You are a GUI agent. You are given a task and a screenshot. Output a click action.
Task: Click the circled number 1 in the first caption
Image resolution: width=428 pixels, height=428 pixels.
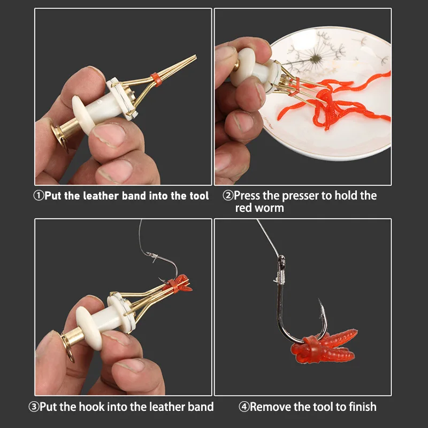tap(39, 196)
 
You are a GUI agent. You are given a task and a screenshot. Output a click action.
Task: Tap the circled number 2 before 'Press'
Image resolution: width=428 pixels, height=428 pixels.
tap(228, 195)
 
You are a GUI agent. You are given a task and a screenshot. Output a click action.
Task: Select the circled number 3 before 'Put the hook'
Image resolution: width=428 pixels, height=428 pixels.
tap(34, 407)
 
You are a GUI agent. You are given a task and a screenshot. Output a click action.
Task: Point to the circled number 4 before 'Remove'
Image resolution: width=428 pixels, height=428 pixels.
tap(244, 407)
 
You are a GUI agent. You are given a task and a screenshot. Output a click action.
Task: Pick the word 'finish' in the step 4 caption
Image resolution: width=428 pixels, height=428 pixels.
tap(363, 407)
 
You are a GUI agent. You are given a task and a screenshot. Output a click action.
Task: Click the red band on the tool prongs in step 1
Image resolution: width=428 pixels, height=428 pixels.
tap(156, 79)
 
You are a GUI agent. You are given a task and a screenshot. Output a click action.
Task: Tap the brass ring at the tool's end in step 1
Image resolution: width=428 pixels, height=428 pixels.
tap(60, 138)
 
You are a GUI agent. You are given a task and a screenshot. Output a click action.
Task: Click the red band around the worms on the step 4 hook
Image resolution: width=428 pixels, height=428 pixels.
tap(312, 349)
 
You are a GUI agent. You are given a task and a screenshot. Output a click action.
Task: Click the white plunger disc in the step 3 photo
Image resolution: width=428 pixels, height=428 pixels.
tap(89, 328)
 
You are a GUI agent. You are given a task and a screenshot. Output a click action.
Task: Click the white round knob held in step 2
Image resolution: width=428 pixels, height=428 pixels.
tap(243, 67)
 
